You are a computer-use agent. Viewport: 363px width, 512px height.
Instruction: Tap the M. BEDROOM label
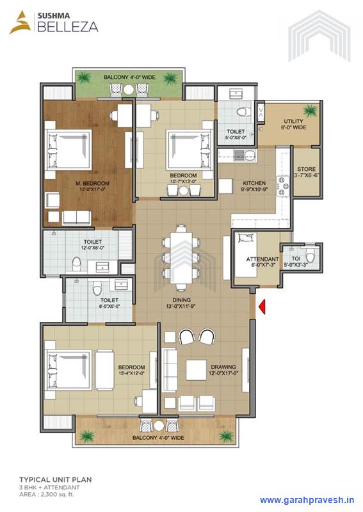[x=90, y=184]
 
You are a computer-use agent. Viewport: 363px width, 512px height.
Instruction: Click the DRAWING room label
[x=223, y=367]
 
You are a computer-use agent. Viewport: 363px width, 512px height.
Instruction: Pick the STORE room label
[x=305, y=170]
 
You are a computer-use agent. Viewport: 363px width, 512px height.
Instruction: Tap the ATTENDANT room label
[x=246, y=259]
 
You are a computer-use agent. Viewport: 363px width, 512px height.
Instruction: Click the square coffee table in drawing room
[x=195, y=369]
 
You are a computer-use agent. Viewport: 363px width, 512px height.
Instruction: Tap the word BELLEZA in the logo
[x=56, y=27]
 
